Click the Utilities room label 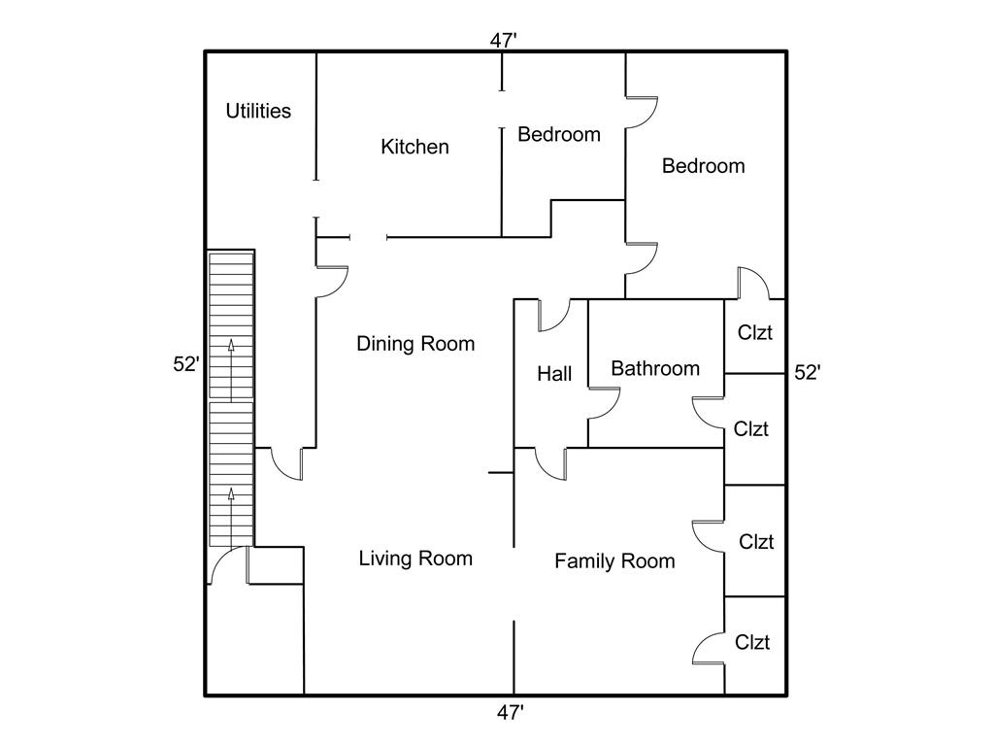coord(258,111)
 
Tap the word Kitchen coord(414,147)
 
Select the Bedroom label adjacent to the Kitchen coord(558,134)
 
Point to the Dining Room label coord(415,344)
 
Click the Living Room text coord(415,559)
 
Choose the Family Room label coord(614,560)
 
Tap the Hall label coord(554,374)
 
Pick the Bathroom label coord(655,368)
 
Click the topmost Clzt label coord(754,332)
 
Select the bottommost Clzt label coord(752,642)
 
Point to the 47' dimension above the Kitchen coord(504,41)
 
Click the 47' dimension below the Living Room coord(510,713)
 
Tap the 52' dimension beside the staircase coord(186,364)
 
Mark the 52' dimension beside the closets coord(807,372)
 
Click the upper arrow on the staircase coord(231,370)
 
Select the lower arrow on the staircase coord(231,517)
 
